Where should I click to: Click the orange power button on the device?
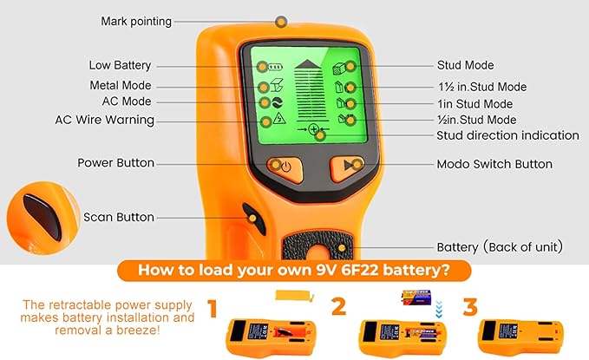285,169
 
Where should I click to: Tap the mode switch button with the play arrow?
347,168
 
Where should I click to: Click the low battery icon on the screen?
275,68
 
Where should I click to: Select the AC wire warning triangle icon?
279,118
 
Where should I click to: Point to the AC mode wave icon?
277,102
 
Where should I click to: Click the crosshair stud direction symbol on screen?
314,129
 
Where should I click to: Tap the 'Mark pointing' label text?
136,22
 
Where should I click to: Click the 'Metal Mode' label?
121,85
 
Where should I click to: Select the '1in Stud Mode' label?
475,104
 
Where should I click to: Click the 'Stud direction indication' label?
507,135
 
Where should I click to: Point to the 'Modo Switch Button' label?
494,164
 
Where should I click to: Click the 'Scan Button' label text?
119,217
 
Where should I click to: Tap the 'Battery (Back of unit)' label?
500,247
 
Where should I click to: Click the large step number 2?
339,306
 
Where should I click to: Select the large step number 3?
470,306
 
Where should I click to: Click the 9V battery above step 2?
416,298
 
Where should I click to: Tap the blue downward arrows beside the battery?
439,309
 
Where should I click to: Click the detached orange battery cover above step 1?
294,295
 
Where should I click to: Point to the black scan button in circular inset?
43,217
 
